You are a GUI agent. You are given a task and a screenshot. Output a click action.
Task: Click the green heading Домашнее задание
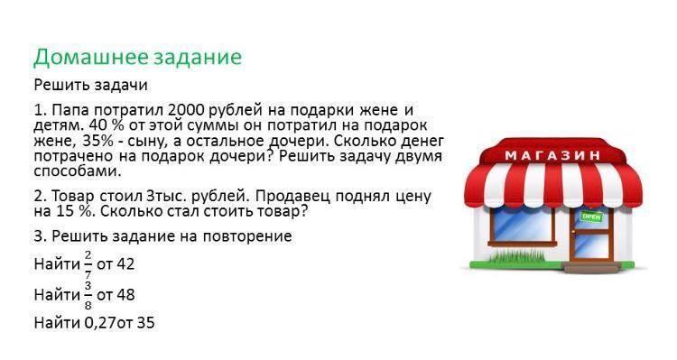138,58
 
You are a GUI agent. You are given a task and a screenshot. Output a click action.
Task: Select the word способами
76,171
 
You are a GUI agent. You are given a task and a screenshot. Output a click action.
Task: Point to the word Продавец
292,197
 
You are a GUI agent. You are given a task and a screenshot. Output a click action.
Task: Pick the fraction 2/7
88,264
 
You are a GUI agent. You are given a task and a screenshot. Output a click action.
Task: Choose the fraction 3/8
88,295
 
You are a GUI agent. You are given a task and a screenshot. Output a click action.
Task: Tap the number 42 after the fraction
125,264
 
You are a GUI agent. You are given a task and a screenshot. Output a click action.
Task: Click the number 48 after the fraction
125,295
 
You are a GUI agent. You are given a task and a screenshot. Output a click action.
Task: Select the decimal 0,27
99,323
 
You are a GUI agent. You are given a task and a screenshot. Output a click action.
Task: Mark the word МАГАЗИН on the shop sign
552,155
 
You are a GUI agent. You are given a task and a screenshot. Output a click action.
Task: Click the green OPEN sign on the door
591,217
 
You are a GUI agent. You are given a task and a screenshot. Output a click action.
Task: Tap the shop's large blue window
523,224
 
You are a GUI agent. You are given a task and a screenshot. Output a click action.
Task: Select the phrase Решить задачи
90,86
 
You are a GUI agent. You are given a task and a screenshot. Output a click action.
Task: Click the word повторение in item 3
247,236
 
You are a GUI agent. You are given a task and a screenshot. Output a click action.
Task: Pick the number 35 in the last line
145,323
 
